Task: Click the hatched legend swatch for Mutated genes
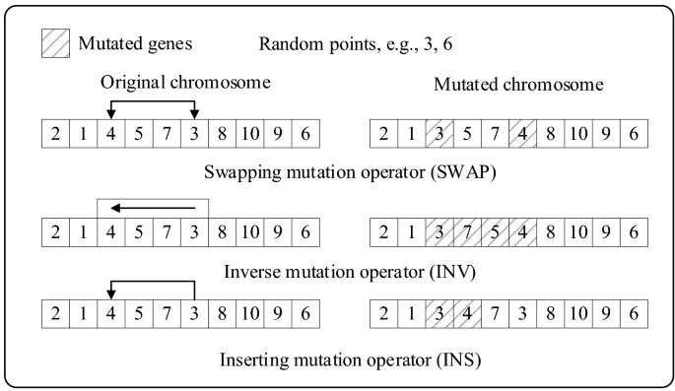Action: (56, 43)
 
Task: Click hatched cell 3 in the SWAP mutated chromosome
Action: (438, 133)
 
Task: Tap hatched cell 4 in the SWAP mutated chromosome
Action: (521, 133)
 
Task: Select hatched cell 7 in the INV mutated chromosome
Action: (465, 234)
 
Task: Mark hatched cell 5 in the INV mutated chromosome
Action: (493, 234)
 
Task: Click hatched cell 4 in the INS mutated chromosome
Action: (465, 315)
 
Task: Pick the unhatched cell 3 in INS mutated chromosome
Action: (521, 315)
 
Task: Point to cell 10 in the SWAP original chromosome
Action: (252, 133)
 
